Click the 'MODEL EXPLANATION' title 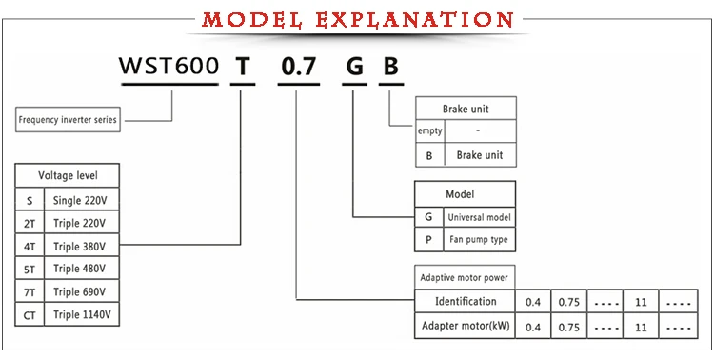357,19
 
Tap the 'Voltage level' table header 67,176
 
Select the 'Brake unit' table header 466,109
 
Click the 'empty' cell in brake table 430,131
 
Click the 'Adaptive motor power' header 466,278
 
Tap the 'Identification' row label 466,302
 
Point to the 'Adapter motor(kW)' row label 466,327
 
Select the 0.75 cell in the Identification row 568,302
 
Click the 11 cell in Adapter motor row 641,327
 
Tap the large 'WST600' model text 169,68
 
